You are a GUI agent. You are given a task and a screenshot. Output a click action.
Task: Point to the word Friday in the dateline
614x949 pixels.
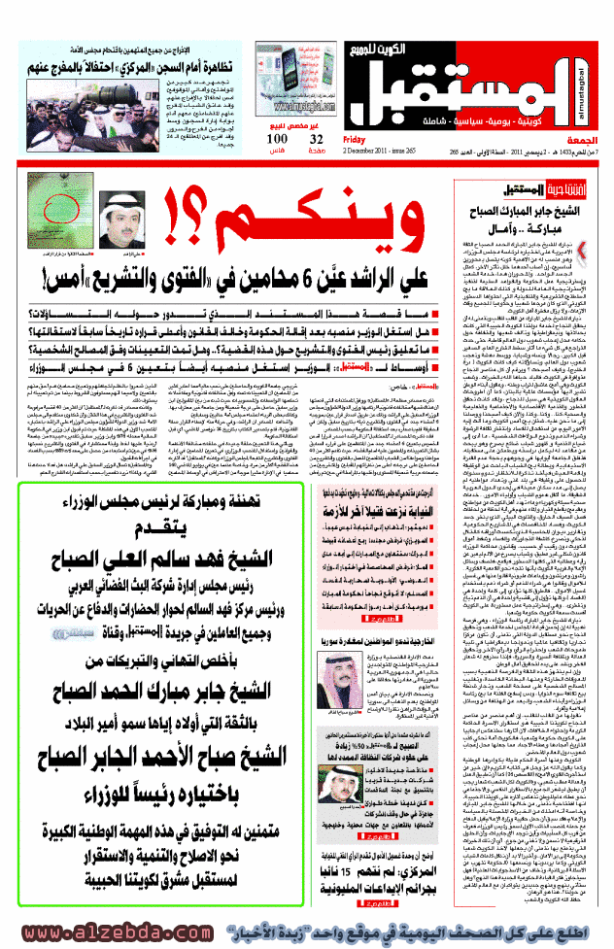354,139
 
